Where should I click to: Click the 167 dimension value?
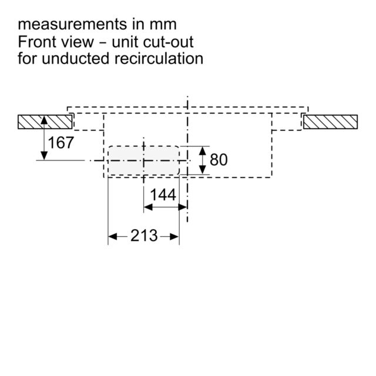pyautogui.click(x=61, y=143)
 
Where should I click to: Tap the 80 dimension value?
pyautogui.click(x=219, y=160)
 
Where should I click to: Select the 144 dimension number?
pyautogui.click(x=163, y=194)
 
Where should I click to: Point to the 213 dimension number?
pyautogui.click(x=144, y=236)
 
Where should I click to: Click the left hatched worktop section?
pyautogui.click(x=45, y=122)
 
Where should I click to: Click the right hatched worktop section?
pyautogui.click(x=330, y=122)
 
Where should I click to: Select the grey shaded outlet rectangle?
pyautogui.click(x=143, y=160)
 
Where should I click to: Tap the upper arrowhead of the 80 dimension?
pyautogui.click(x=203, y=150)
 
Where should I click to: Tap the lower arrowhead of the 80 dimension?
pyautogui.click(x=203, y=170)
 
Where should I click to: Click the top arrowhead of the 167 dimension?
pyautogui.click(x=44, y=120)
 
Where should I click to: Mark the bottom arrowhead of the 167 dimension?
pyautogui.click(x=44, y=156)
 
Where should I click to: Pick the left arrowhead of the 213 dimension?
pyautogui.click(x=112, y=237)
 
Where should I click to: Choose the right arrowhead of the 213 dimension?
pyautogui.click(x=174, y=237)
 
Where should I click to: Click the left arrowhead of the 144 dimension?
pyautogui.click(x=148, y=207)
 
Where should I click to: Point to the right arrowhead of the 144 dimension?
pyautogui.click(x=183, y=207)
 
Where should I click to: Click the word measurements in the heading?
pyautogui.click(x=72, y=25)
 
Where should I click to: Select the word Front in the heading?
pyautogui.click(x=36, y=42)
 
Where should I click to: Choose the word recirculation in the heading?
pyautogui.click(x=159, y=59)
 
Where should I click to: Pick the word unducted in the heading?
pyautogui.click(x=75, y=59)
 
